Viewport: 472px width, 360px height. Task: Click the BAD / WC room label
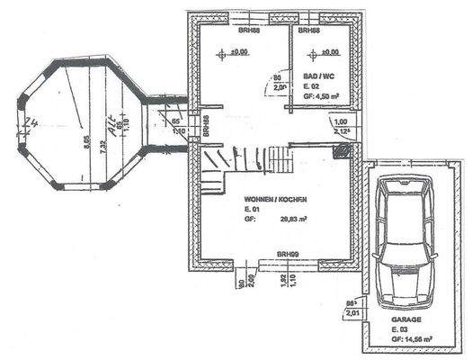(x=318, y=76)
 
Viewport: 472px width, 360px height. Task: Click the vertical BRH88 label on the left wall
(x=207, y=126)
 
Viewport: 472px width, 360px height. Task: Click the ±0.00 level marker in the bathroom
(x=329, y=52)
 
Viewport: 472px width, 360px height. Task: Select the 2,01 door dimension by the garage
(x=353, y=313)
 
